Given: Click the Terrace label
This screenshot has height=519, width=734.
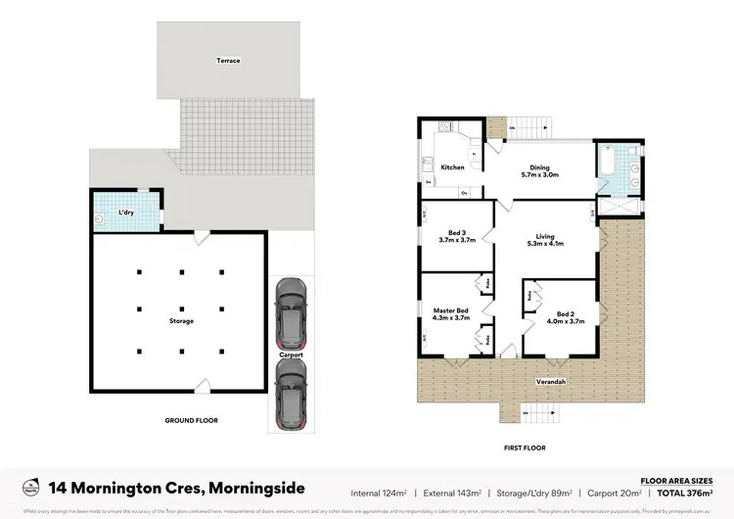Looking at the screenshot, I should pyautogui.click(x=229, y=61).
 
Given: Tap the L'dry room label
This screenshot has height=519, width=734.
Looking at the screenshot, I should pyautogui.click(x=126, y=212).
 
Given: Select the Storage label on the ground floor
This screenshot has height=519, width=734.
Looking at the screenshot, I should pyautogui.click(x=181, y=320).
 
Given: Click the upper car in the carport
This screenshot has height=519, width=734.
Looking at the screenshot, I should pyautogui.click(x=291, y=308).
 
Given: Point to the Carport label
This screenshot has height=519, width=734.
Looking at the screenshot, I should pyautogui.click(x=291, y=354).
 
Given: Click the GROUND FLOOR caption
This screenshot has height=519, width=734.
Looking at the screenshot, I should pyautogui.click(x=191, y=420).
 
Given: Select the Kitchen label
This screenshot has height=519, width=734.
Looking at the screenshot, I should pyautogui.click(x=452, y=167).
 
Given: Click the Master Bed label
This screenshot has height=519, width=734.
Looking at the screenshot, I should pyautogui.click(x=451, y=314).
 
